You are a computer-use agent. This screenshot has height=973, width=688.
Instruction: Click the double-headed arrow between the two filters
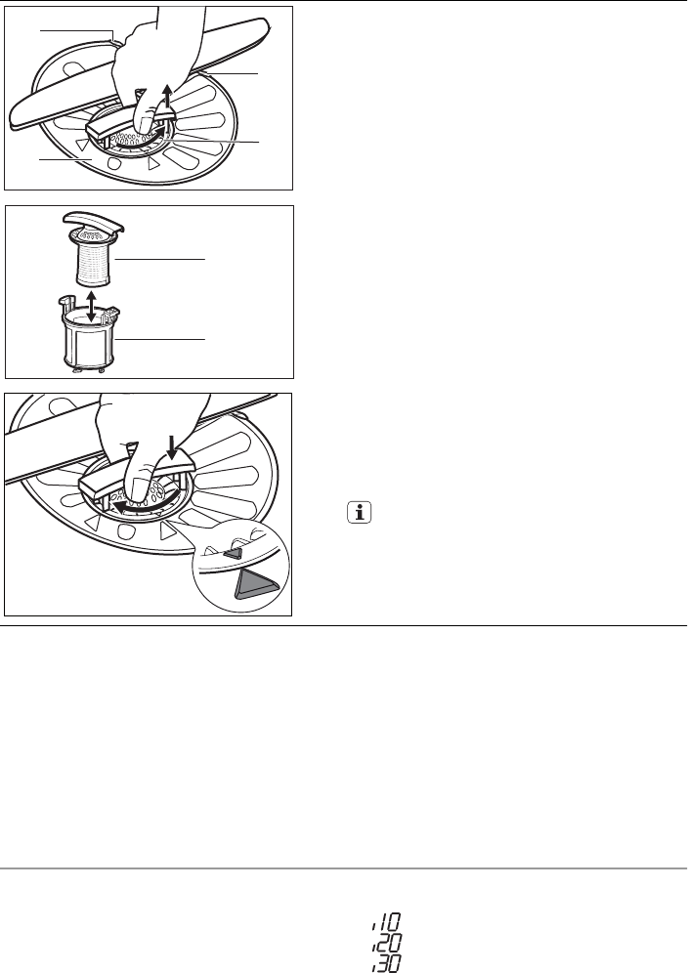91,304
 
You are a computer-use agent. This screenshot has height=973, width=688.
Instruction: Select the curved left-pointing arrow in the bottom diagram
140,504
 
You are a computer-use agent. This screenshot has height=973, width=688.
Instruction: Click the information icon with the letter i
360,513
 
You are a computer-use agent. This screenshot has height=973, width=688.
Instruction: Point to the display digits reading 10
387,921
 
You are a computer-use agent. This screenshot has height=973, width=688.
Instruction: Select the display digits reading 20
386,942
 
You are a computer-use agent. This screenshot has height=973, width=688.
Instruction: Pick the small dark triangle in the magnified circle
233,553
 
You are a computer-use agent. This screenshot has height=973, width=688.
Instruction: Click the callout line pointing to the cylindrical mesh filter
159,258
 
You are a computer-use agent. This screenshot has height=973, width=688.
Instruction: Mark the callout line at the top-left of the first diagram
77,32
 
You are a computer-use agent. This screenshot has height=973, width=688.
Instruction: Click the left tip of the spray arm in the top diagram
11,123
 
